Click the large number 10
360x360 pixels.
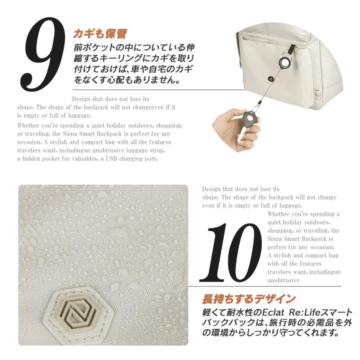coord(230,252)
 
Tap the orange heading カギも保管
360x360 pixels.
coord(100,34)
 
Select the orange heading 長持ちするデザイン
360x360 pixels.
coord(249,299)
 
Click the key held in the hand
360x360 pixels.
coord(246,124)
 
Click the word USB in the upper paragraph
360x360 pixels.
coord(111,159)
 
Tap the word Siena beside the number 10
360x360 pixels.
coord(274,239)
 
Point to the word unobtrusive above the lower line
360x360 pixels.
coord(283,280)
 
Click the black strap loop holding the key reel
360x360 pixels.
coord(291,49)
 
